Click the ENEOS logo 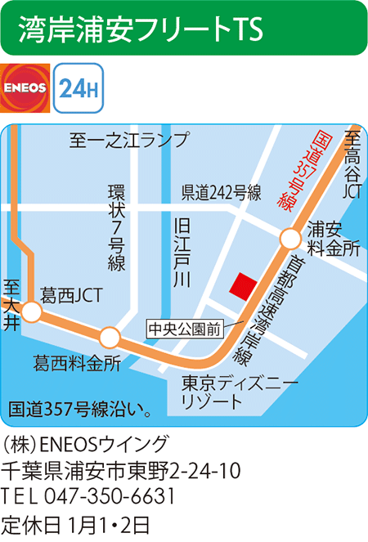pyautogui.click(x=25, y=88)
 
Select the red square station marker pyautogui.click(x=242, y=287)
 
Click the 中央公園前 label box pyautogui.click(x=184, y=330)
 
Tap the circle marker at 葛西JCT pyautogui.click(x=32, y=311)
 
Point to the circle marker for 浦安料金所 pyautogui.click(x=289, y=239)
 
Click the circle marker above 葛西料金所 pyautogui.click(x=110, y=337)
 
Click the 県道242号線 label pyautogui.click(x=221, y=193)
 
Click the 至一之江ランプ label pyautogui.click(x=128, y=140)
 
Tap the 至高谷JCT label pyautogui.click(x=352, y=164)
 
